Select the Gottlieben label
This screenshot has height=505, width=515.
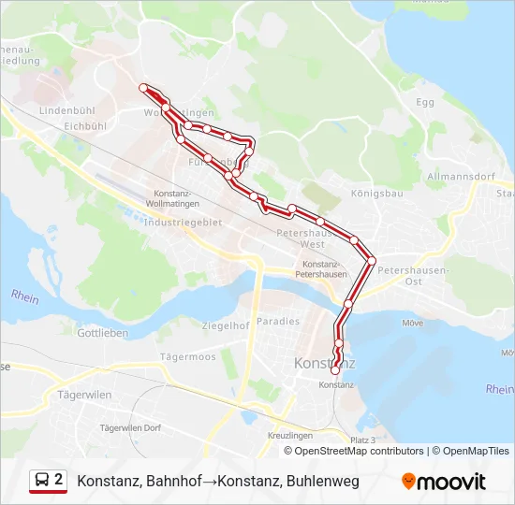102,333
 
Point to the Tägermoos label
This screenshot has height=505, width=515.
187,357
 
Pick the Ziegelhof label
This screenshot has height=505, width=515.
226,326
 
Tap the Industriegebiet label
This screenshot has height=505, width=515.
184,222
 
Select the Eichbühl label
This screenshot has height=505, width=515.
86,125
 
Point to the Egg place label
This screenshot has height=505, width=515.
425,101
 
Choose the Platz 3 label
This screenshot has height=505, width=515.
362,440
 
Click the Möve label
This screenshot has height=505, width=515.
412,323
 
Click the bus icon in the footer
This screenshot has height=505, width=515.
41,481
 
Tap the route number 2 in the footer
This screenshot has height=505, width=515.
59,480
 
